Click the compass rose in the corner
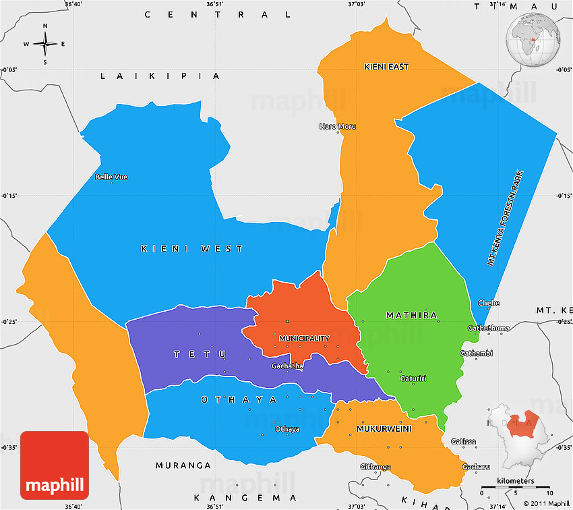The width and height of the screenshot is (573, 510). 45,44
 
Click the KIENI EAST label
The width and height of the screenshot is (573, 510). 386,67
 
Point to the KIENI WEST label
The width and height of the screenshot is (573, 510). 192,249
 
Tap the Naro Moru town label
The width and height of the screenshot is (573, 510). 337,126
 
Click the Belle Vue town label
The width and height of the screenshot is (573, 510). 111,177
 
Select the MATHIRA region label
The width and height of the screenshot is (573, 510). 411,315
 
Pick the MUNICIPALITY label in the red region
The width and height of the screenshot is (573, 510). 305,339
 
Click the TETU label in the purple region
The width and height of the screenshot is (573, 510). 200,354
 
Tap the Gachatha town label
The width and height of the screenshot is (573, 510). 286,366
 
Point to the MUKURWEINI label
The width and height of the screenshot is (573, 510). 384,428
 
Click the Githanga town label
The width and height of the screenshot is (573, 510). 375,467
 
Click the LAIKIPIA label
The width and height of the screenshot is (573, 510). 160,76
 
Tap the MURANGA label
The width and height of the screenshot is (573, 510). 183,465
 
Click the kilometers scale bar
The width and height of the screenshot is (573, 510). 515,486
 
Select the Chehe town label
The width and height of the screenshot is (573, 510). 489,303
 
